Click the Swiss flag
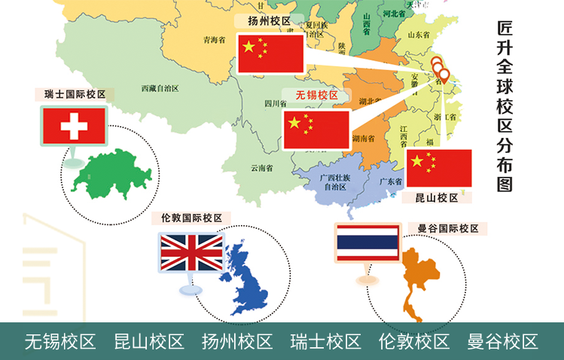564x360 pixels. (x=74, y=125)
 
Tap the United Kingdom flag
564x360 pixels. (x=192, y=253)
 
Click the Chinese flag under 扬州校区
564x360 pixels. (x=270, y=53)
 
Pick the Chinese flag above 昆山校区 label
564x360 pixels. (x=439, y=167)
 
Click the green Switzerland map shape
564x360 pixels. (x=114, y=175)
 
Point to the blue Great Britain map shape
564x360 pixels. (x=249, y=279)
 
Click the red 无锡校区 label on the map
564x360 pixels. (x=316, y=96)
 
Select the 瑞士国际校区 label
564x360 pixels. (x=75, y=95)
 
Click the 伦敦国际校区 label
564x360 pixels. (x=192, y=218)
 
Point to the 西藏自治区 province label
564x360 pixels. (x=160, y=89)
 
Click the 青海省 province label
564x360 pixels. (x=215, y=41)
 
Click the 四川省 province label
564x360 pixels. (x=272, y=104)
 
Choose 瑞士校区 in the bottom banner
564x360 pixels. (x=326, y=342)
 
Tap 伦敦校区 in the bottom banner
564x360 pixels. (x=414, y=342)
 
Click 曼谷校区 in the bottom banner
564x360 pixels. (x=502, y=342)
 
